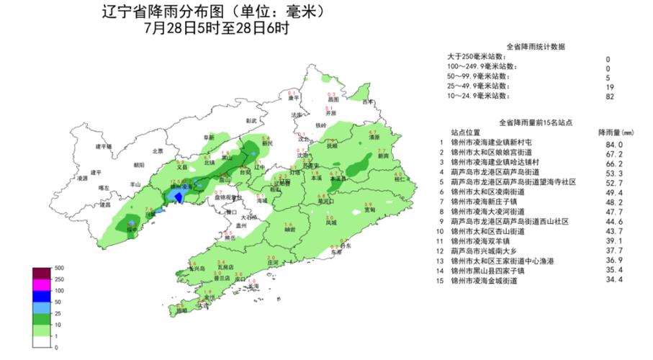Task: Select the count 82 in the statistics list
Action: click(609, 96)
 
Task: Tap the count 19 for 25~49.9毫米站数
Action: click(609, 86)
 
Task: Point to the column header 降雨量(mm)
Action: click(615, 132)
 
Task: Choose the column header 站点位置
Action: click(466, 132)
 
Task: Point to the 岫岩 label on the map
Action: click(289, 230)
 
